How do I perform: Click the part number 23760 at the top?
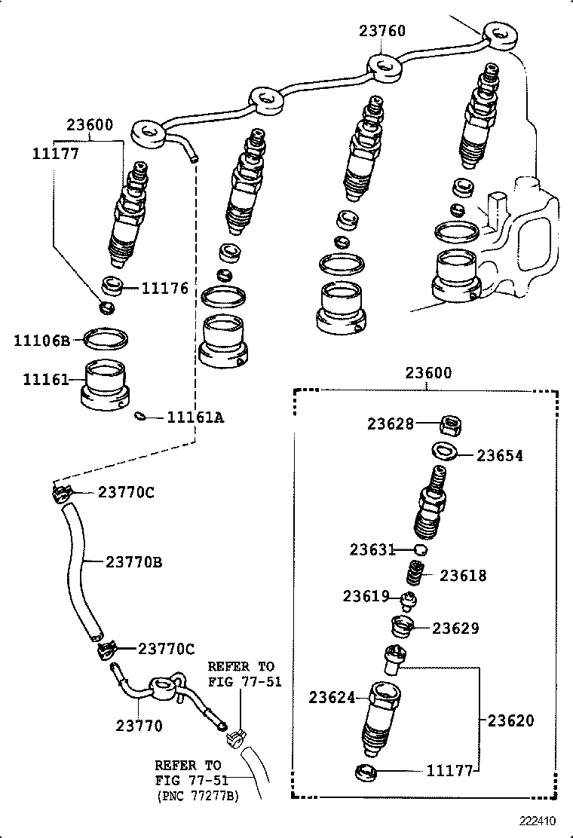coord(382,31)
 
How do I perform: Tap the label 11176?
coord(164,289)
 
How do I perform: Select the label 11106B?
coord(41,341)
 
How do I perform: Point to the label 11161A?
coord(195,416)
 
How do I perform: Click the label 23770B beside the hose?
coord(134,561)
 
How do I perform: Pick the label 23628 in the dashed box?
coord(391,424)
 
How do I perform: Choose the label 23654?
coord(499,455)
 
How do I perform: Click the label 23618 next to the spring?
coord(464,576)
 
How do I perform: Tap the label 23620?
coord(510,720)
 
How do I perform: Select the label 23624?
coord(331,698)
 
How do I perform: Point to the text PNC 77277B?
coord(198,795)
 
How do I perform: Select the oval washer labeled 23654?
coord(443,451)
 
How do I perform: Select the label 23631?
coord(372,549)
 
